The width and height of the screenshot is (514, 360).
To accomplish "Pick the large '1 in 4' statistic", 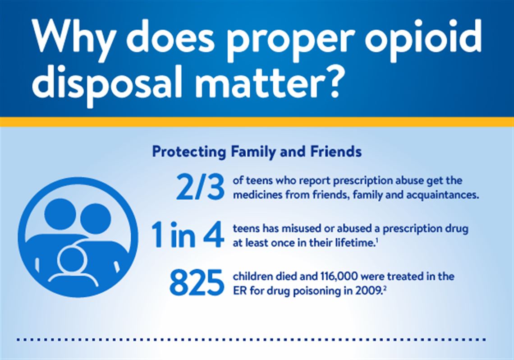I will tap(188, 236).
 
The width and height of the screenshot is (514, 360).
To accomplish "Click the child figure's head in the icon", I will tap(73, 260).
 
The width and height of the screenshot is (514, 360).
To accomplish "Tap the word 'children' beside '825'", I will tap(249, 276).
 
